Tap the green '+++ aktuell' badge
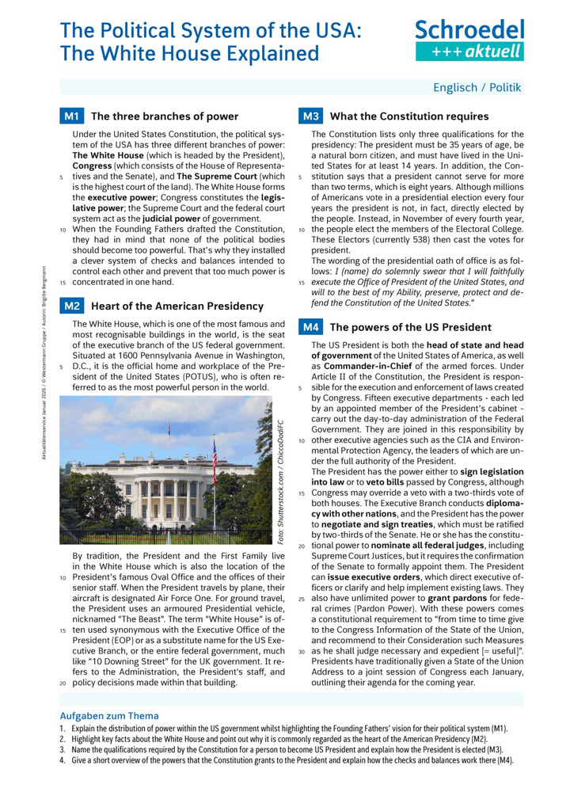coord(469,51)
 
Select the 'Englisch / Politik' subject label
coord(477,88)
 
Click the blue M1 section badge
coord(72,116)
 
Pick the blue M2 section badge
coord(72,306)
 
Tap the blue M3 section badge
coord(310,116)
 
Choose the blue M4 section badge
coord(310,327)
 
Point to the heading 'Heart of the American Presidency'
coord(177,306)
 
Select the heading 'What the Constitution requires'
coord(408,116)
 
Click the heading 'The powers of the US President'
coord(410,327)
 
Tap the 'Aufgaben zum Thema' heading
coord(109,715)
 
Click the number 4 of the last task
coord(62,760)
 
